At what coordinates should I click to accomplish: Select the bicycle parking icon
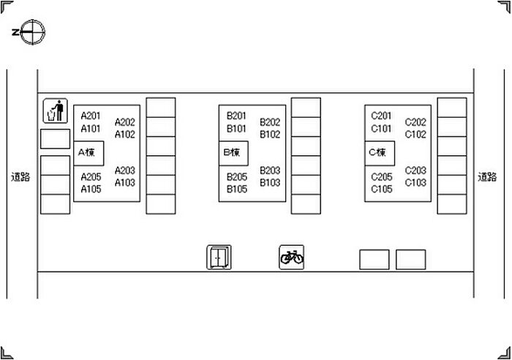pos(291,257)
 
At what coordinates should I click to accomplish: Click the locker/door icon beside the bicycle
pos(219,258)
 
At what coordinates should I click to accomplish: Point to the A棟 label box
pos(88,153)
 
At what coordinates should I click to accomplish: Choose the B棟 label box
pos(233,153)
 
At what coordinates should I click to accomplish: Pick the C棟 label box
pos(379,153)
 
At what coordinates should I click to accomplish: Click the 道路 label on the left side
pos(20,177)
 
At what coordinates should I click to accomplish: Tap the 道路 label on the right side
pos(487,177)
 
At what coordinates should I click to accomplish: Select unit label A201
pos(91,116)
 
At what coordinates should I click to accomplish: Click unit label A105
pos(91,189)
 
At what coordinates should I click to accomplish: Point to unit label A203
pos(125,170)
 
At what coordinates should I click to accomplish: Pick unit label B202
pos(270,122)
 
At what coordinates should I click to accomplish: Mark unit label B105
pos(236,189)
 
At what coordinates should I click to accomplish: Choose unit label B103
pos(270,182)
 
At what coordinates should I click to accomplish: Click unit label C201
pos(381,116)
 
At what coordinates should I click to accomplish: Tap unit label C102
pos(415,135)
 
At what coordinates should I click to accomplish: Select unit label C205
pos(381,177)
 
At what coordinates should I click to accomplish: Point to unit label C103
pos(415,182)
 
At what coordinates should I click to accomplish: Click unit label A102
pos(125,135)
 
